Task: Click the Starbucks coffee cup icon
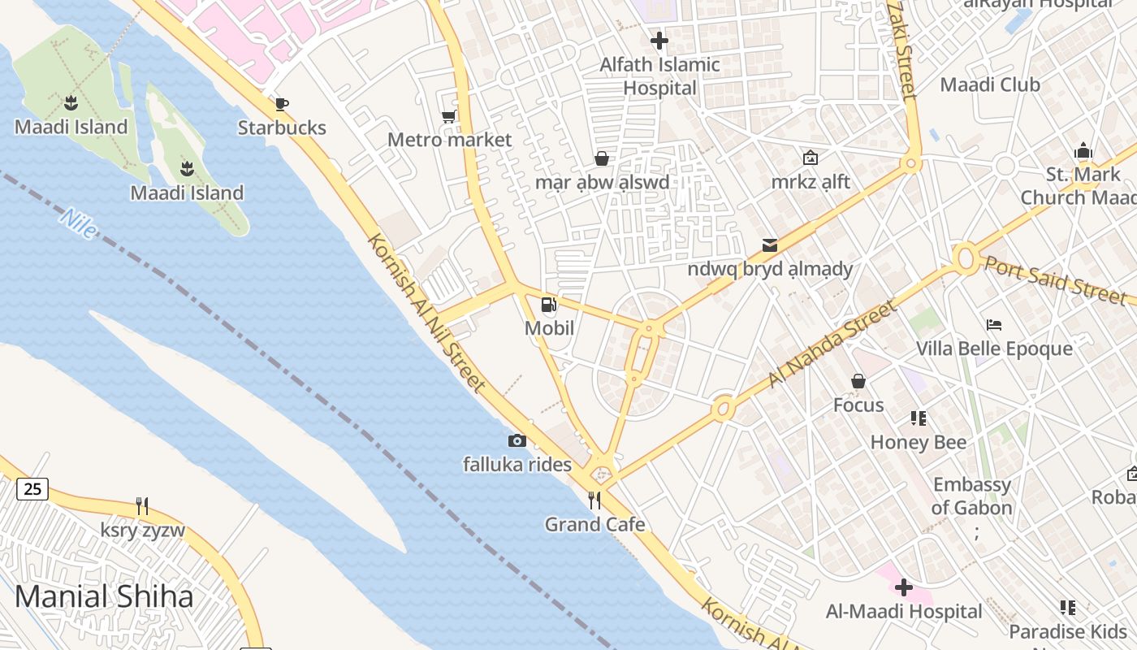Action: pos(282,104)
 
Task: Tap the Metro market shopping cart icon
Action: pos(448,117)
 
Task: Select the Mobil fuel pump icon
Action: pos(549,305)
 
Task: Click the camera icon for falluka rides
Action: pos(517,441)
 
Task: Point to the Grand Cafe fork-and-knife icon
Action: pos(594,500)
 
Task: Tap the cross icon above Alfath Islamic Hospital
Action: pos(659,40)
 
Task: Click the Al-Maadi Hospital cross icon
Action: pos(903,587)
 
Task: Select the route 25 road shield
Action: pos(32,489)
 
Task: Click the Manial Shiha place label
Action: pos(104,596)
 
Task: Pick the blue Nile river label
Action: pos(78,223)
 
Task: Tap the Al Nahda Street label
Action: pos(832,344)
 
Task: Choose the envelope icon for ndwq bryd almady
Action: pos(769,245)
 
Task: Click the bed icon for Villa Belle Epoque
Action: pos(994,325)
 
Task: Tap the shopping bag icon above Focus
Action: pos(858,381)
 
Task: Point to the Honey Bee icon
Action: pos(919,418)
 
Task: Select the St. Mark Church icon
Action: pos(1083,151)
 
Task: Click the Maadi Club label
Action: pos(989,84)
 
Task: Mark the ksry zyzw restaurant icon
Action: pos(142,506)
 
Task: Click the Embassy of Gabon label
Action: pos(972,496)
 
